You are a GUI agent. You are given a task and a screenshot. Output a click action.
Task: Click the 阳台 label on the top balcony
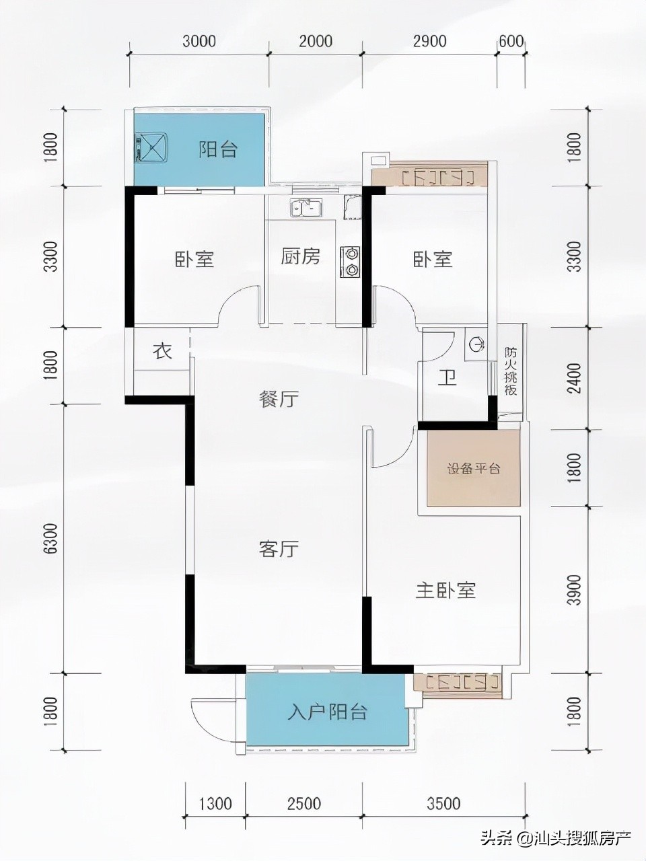[218, 149]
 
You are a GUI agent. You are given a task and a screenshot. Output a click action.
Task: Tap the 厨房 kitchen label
[300, 256]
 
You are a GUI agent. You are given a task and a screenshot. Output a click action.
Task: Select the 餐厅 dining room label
[279, 399]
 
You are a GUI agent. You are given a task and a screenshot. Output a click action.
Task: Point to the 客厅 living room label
[279, 549]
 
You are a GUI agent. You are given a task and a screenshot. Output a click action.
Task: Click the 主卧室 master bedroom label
[445, 591]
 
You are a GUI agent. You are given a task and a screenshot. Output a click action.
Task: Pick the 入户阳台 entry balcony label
[328, 712]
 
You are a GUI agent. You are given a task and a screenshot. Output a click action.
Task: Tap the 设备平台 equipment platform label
[474, 469]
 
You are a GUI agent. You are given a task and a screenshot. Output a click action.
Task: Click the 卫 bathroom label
[447, 379]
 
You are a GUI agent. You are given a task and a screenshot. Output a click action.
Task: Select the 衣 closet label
[161, 351]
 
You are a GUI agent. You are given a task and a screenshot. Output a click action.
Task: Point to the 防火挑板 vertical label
[511, 371]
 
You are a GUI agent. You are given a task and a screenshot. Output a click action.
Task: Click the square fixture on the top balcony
[151, 148]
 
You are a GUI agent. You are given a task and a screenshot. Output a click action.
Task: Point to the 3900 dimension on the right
[573, 590]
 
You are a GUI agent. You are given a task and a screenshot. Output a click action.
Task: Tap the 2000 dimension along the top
[316, 41]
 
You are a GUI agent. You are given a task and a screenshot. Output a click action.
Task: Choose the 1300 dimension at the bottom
[216, 803]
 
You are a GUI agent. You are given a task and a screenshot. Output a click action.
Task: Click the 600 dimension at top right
[511, 41]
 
